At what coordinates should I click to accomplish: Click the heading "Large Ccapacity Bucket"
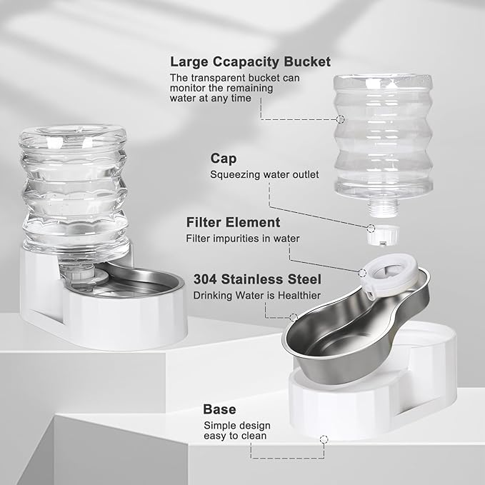point(250,62)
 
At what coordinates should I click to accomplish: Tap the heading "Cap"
point(223,158)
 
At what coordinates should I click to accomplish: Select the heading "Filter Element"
point(233,222)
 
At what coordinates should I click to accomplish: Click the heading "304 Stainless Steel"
point(257,279)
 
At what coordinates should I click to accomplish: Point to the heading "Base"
point(219,409)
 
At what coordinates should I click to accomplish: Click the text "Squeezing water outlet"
point(264,174)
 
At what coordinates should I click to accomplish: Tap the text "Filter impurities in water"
point(243,239)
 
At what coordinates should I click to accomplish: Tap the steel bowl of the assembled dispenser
point(136,282)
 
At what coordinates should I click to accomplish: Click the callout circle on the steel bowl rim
point(293,316)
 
